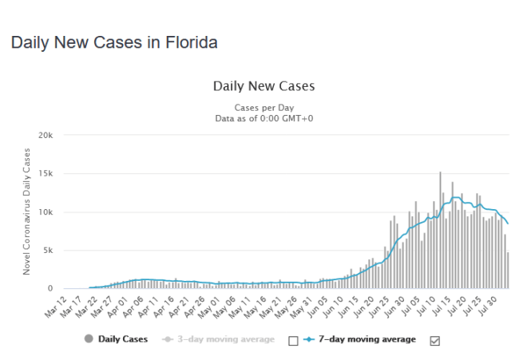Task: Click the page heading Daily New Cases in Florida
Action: [x=114, y=42]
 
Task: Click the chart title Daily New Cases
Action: [x=263, y=85]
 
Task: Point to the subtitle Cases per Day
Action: [x=263, y=107]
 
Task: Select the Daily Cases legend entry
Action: [x=117, y=339]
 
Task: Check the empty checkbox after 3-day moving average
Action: [x=292, y=341]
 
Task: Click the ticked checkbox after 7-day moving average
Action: [x=434, y=341]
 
